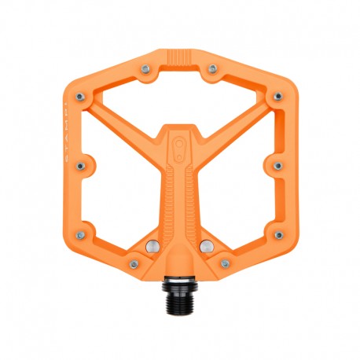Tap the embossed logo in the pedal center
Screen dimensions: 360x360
pyautogui.click(x=180, y=148)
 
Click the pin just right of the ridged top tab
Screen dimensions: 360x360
pyautogui.click(x=212, y=69)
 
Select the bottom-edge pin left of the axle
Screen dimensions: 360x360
pyautogui.click(x=134, y=265)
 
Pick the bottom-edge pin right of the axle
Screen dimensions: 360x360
pyautogui.click(x=226, y=265)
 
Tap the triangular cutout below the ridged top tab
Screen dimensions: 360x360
pyautogui.click(x=180, y=94)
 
